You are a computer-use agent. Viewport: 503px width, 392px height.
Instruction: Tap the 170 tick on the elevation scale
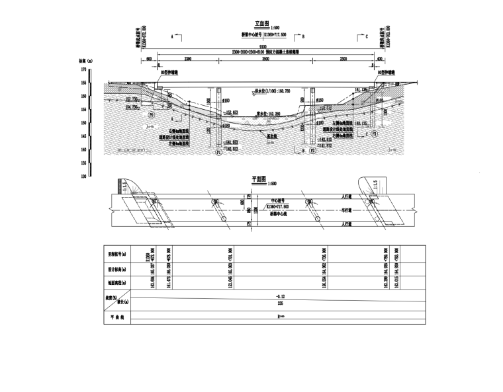83,69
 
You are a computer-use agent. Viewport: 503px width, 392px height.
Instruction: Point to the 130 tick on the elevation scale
83,176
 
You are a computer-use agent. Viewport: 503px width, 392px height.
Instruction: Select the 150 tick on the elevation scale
83,123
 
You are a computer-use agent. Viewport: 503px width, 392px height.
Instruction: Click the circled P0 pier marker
151,115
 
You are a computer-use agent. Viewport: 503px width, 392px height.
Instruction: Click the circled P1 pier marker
217,152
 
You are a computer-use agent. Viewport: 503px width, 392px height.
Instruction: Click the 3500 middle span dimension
265,59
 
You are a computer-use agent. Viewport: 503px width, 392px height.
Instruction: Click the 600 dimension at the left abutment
150,59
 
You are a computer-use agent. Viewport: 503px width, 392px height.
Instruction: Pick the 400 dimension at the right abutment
379,59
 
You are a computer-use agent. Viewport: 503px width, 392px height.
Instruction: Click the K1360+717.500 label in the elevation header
275,35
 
